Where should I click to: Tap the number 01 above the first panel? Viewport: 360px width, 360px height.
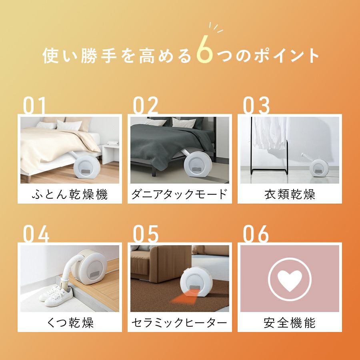tap(34, 105)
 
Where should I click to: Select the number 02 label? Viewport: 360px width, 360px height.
tap(146, 105)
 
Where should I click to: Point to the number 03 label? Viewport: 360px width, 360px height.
tap(256, 105)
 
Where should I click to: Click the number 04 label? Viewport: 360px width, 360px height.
tap(36, 234)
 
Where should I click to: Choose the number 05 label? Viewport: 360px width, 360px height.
tap(146, 234)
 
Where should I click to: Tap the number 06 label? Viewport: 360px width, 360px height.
tap(256, 234)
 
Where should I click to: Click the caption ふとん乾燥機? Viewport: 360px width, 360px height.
tap(70, 194)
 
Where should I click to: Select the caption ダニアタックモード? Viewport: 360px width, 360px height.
tap(179, 194)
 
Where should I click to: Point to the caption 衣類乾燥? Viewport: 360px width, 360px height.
tap(290, 194)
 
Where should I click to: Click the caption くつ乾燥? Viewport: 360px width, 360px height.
tap(70, 322)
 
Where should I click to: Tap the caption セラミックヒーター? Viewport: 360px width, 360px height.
tap(179, 322)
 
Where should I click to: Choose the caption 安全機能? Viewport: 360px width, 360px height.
tap(290, 322)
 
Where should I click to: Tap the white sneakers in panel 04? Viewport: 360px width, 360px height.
tap(56, 296)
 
